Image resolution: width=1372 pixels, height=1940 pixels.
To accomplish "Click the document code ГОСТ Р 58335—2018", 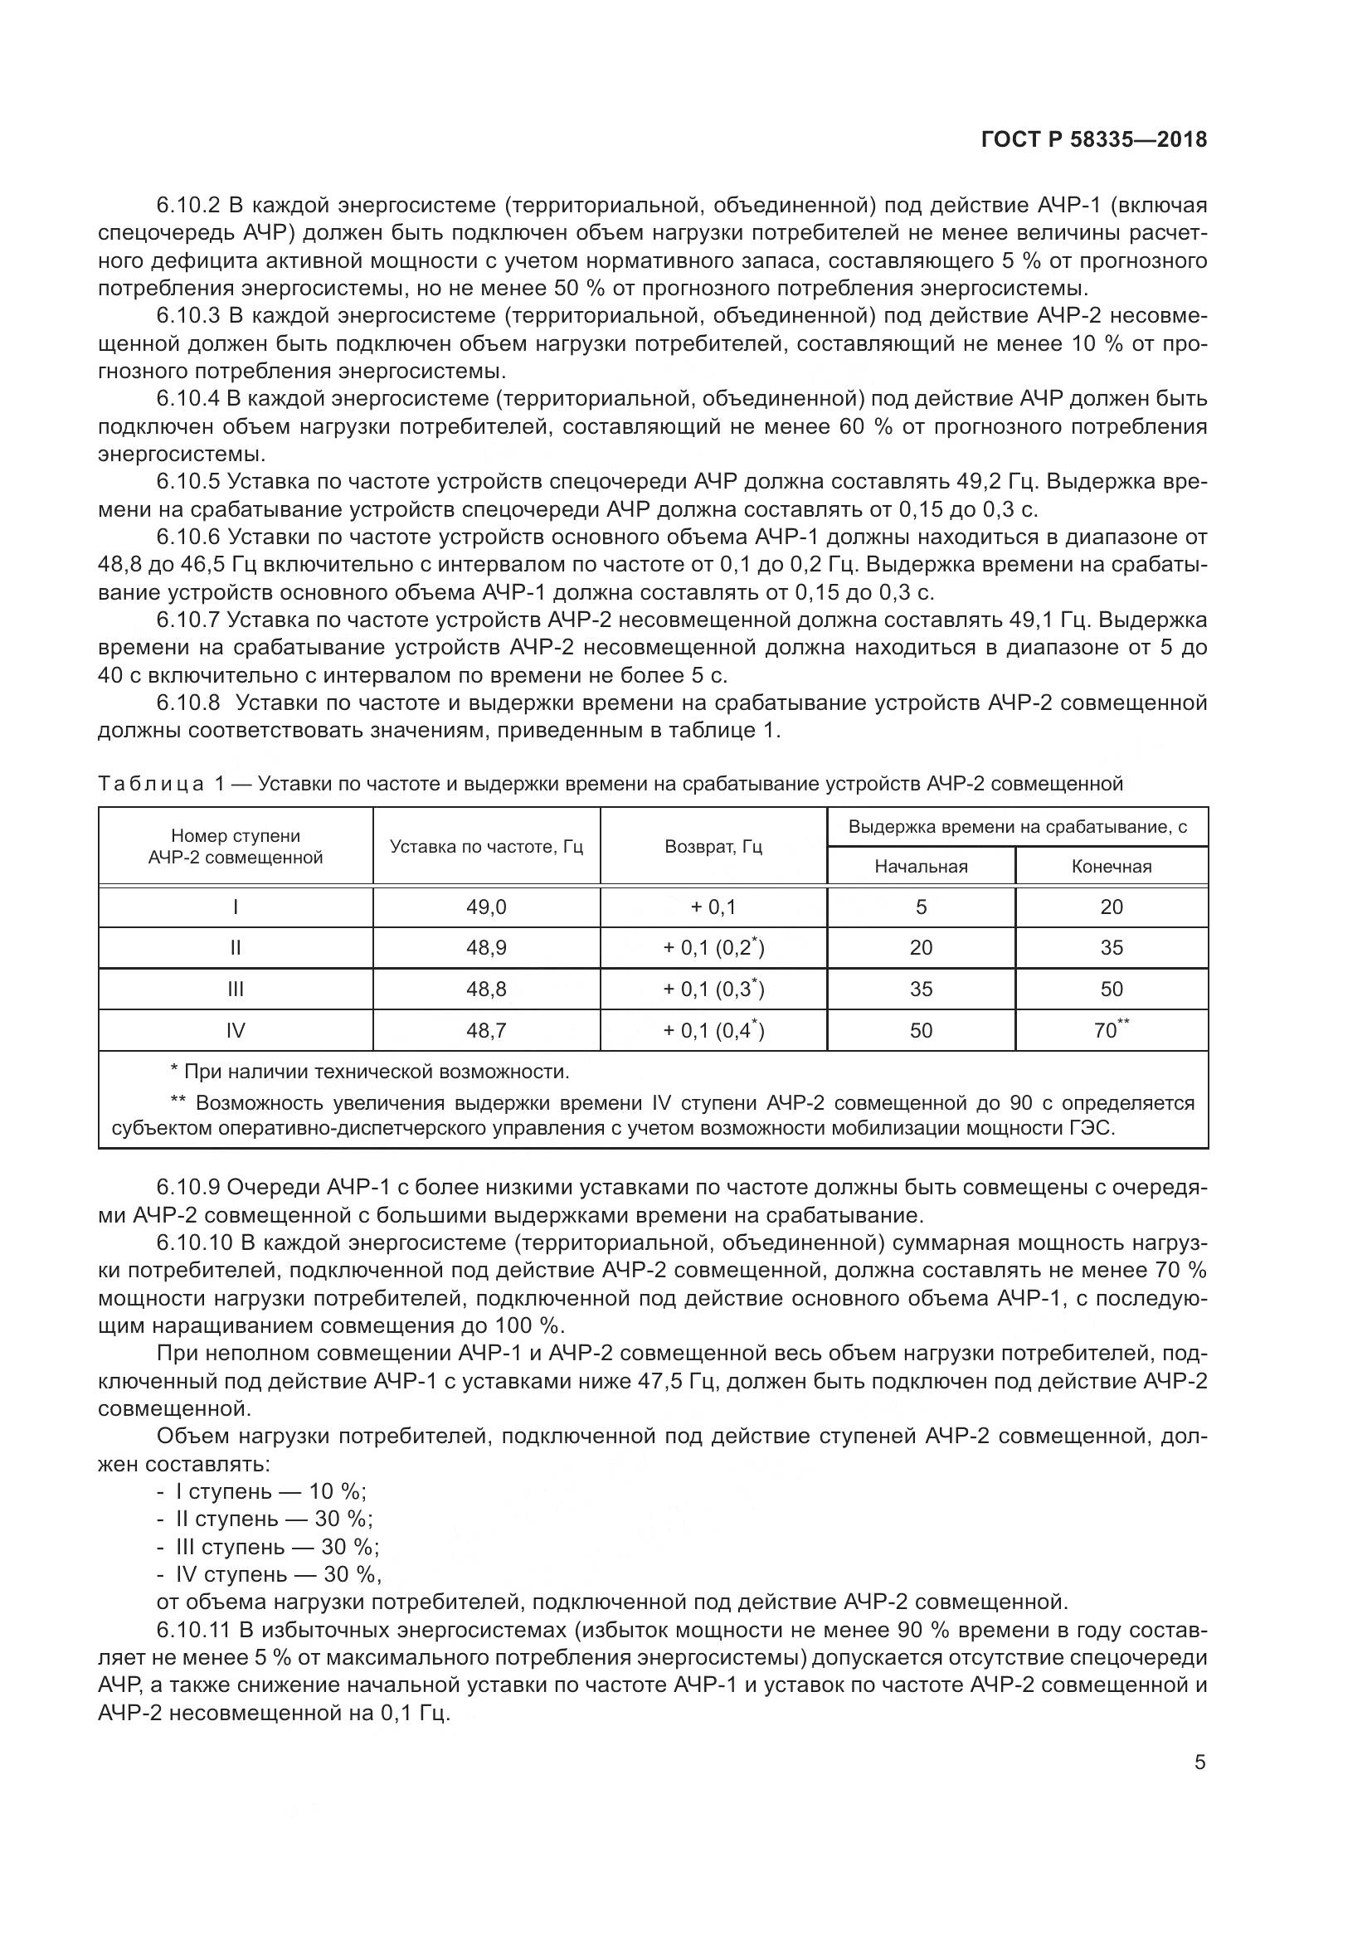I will coord(1094,139).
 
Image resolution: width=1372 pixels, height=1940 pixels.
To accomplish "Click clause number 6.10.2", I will coord(187,206).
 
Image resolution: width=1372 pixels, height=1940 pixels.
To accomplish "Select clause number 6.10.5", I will coord(187,482).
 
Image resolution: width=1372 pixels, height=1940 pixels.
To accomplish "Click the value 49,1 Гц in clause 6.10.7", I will coord(1051,620).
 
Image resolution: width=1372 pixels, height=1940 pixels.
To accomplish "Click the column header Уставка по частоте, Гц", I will coord(486,847).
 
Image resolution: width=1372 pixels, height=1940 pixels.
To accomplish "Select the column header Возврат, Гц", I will coord(713,847).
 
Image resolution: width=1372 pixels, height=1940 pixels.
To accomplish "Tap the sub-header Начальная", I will coord(921,866).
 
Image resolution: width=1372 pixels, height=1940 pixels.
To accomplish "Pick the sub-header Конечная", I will coord(1111,866).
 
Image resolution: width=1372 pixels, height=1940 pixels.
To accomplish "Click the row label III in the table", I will coord(235,989).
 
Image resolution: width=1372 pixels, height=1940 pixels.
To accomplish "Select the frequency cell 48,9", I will coord(486,948).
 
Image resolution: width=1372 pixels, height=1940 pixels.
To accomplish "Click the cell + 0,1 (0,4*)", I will coord(713,1031).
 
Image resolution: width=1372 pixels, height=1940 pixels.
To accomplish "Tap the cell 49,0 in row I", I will coord(486,907).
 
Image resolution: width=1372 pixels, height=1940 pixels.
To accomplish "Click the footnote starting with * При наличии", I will coord(369,1072).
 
